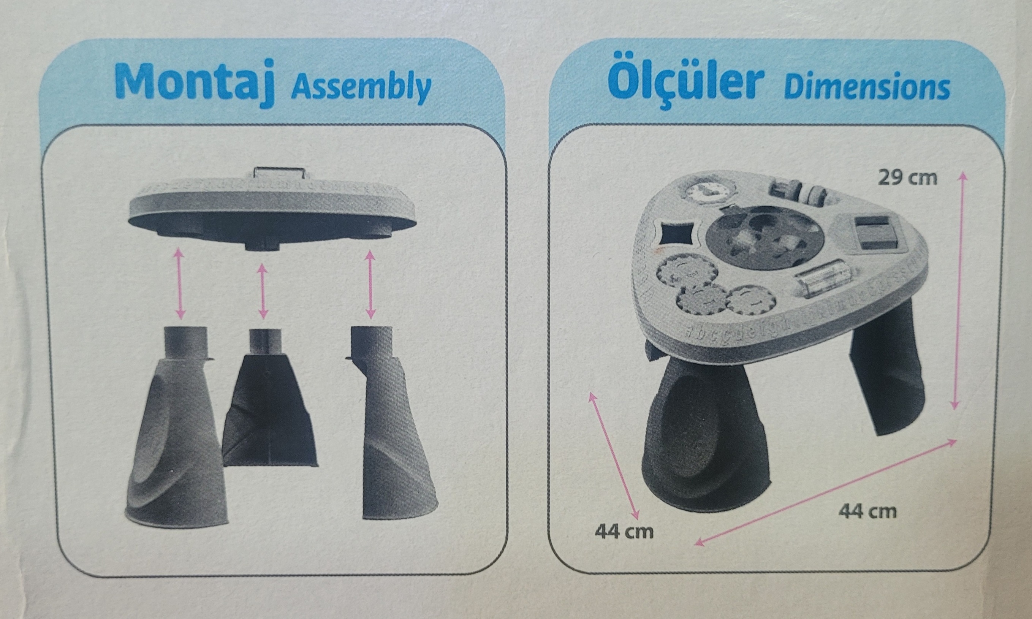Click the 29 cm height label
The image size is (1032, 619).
[x=907, y=178]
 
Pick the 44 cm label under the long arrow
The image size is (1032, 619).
[x=868, y=511]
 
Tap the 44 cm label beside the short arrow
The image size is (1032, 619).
[x=624, y=532]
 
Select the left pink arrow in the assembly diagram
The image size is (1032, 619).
[x=180, y=283]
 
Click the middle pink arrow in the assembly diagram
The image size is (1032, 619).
[x=263, y=291]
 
